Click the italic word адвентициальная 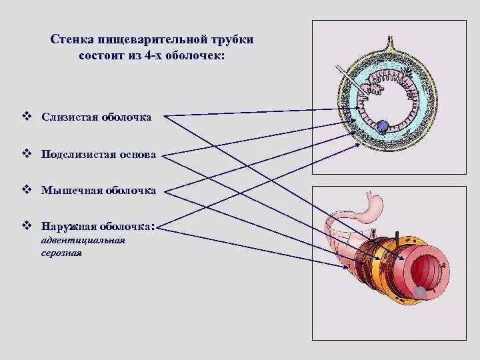point(82,240)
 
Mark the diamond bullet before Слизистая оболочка point(27,117)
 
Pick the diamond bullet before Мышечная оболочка point(27,190)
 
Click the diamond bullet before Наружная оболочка point(27,226)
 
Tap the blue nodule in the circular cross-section point(382,125)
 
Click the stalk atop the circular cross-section point(385,33)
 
